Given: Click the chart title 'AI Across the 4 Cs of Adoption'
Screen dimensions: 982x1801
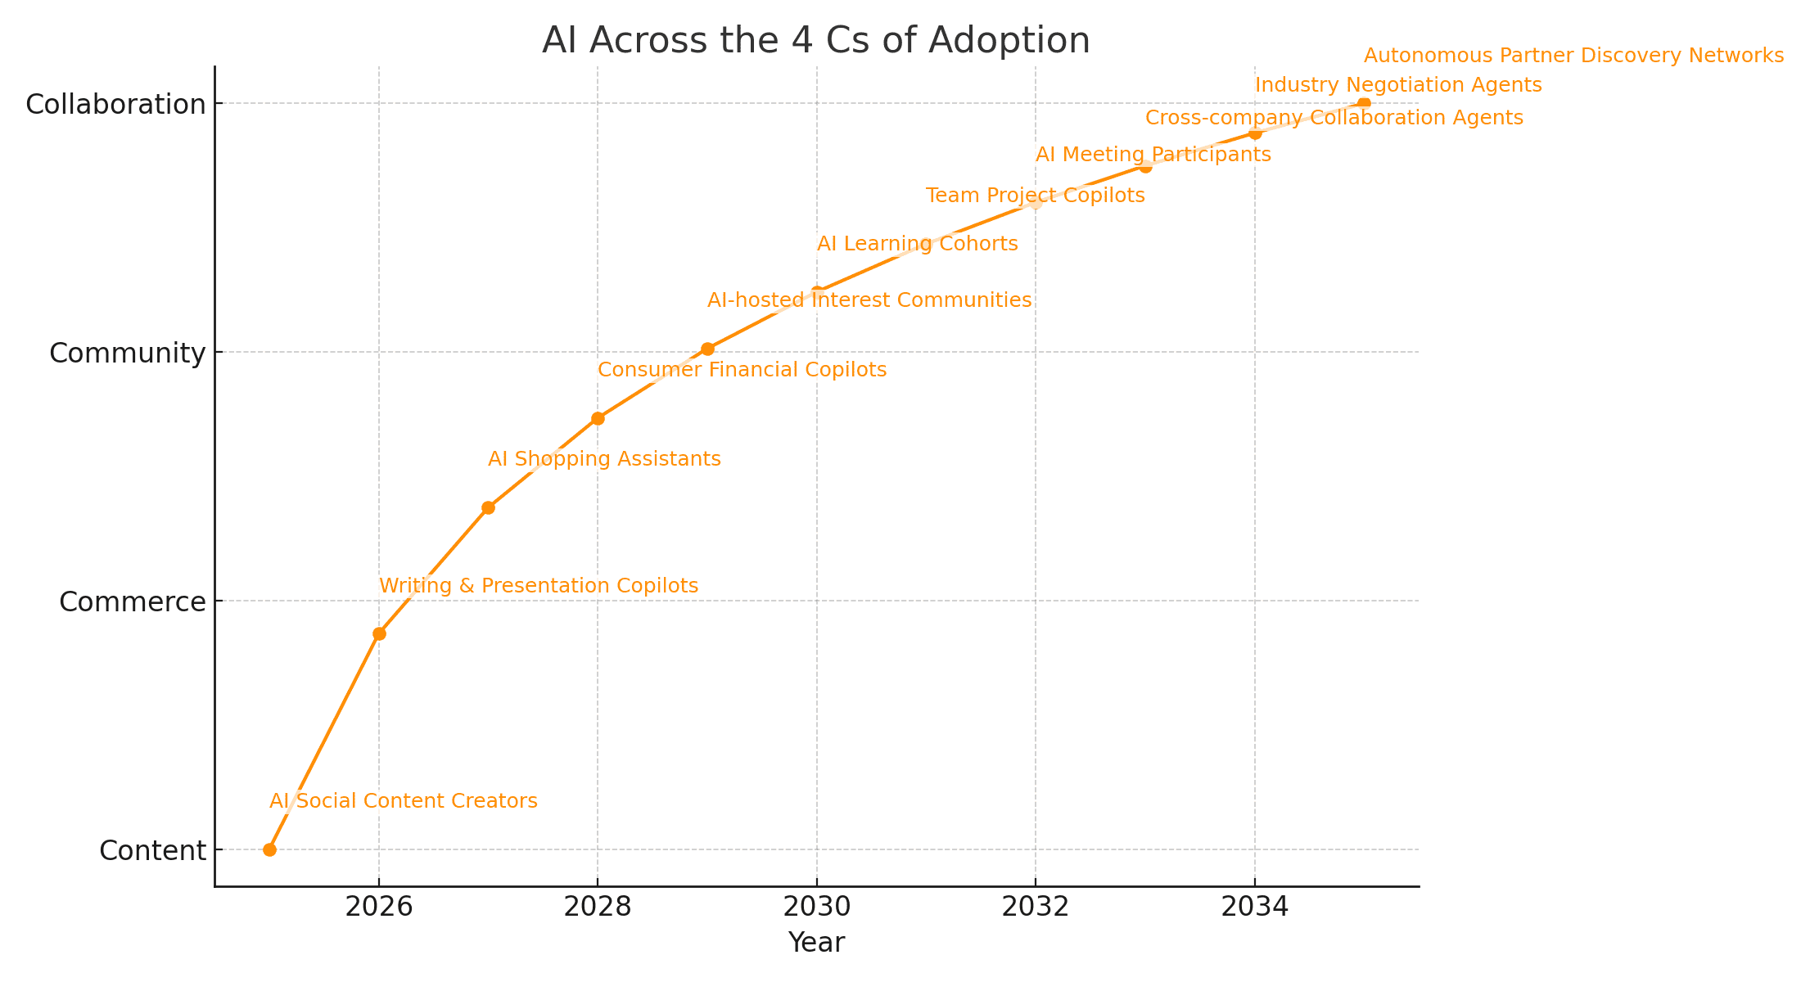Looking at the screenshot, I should click(x=815, y=41).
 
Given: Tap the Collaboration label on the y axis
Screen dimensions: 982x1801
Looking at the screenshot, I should click(x=115, y=105).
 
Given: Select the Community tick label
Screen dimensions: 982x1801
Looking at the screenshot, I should click(x=127, y=354).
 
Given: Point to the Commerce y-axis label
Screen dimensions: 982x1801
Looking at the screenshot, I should click(x=133, y=602).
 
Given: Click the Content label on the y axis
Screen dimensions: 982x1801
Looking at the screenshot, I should click(x=152, y=851).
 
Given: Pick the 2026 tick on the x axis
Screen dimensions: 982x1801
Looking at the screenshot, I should click(x=379, y=908).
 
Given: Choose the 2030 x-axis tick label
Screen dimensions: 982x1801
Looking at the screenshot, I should click(x=816, y=908).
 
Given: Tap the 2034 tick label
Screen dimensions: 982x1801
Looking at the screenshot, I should click(x=1254, y=908).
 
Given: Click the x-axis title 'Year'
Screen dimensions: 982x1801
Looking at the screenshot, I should click(x=816, y=944).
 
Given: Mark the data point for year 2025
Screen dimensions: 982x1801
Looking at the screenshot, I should click(x=269, y=849).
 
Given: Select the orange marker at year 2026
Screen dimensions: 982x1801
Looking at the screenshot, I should click(x=379, y=633).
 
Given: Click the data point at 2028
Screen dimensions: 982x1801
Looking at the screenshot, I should click(x=598, y=418).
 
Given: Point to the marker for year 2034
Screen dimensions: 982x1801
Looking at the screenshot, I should click(x=1255, y=133).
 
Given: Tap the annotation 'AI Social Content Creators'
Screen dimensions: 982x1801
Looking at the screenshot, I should click(x=404, y=801).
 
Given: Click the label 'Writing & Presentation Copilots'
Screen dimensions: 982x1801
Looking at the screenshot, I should click(x=539, y=586).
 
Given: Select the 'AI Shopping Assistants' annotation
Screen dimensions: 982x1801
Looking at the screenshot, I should click(x=604, y=459).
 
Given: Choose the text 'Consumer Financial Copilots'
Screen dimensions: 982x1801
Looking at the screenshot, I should click(x=742, y=370).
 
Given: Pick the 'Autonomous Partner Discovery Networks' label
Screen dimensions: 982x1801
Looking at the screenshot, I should click(x=1573, y=56).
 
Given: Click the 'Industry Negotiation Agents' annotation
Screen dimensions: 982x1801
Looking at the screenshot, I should click(x=1398, y=85).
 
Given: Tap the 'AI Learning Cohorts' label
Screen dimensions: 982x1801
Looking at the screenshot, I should click(x=917, y=244).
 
